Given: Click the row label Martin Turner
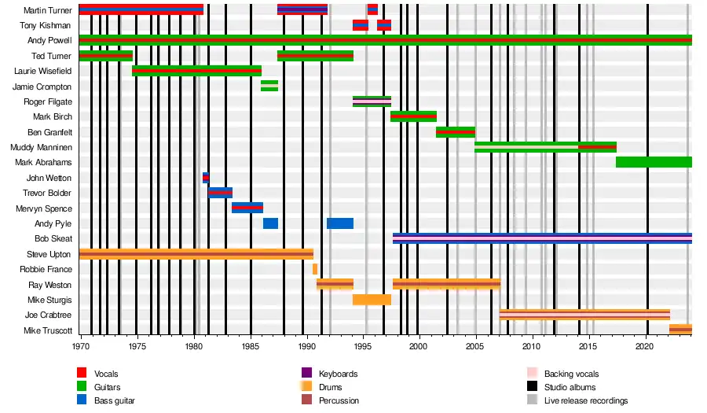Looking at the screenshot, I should point(48,10).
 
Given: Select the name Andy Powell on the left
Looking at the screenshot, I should point(49,40).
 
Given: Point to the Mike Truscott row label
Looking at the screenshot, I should point(48,330).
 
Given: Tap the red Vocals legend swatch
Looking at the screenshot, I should point(82,373).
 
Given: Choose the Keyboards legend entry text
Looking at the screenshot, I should point(339,374).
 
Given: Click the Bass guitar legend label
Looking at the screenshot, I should point(115,400).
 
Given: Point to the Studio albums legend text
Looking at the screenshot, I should point(570,387).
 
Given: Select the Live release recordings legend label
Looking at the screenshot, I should point(586,400).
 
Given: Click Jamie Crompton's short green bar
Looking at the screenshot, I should point(269,86).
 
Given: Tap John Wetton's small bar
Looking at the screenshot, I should point(206,178).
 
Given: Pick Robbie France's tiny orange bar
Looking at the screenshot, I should point(315,269).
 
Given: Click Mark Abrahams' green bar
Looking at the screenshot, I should point(654,162).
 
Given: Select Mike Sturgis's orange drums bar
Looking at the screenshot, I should point(372,300).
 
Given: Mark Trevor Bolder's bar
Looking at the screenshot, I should point(220,193).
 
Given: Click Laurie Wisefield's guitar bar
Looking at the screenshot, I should point(196,71).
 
